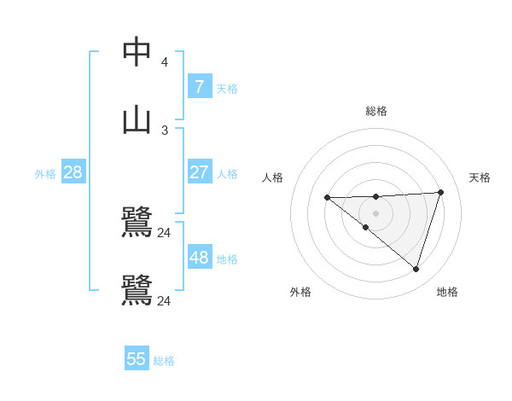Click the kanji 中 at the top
(x=137, y=52)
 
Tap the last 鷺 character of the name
(x=137, y=289)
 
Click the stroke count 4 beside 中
(x=164, y=62)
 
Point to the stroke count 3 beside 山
(x=164, y=130)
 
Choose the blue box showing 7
(x=199, y=86)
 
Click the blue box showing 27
(x=199, y=172)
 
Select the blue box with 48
(x=199, y=258)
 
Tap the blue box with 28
(x=73, y=172)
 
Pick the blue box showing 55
(x=137, y=359)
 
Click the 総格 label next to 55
(x=164, y=361)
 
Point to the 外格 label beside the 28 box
(x=45, y=174)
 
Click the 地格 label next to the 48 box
(x=227, y=259)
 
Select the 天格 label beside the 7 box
(x=227, y=88)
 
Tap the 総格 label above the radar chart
(x=376, y=111)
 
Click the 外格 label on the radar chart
(x=300, y=292)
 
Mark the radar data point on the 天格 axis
(x=440, y=192)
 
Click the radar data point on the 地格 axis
(x=416, y=269)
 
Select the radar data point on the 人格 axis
(x=327, y=198)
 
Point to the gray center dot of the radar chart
(x=376, y=213)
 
